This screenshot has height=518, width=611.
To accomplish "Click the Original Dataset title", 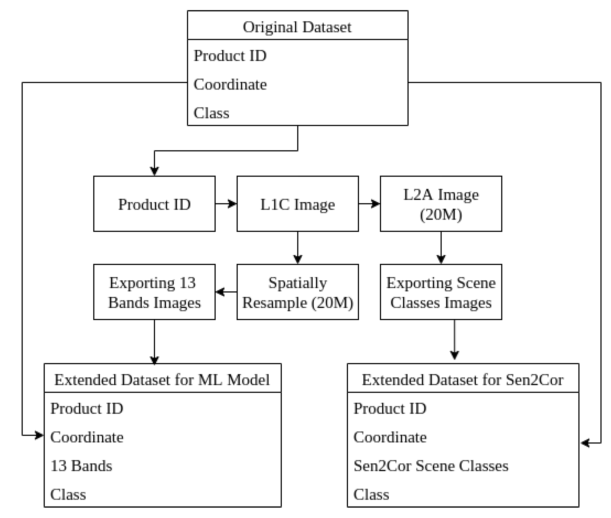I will [x=297, y=27].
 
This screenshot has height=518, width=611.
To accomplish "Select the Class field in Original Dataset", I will [x=211, y=113].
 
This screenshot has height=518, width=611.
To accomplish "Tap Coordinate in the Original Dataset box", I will [x=230, y=85].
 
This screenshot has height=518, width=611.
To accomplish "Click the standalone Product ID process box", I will [x=154, y=204].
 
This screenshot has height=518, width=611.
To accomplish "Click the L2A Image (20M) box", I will [x=441, y=204].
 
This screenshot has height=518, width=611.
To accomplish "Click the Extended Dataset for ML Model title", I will [x=162, y=380].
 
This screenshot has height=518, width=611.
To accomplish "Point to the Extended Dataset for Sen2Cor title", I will [x=463, y=380].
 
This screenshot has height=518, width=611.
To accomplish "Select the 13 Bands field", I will [x=81, y=466].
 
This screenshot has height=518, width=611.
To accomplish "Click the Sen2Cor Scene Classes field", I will [x=431, y=466].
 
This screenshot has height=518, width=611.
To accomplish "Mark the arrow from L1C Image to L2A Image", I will [x=369, y=203].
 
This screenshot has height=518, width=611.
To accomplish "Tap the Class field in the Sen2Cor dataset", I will [x=371, y=494].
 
